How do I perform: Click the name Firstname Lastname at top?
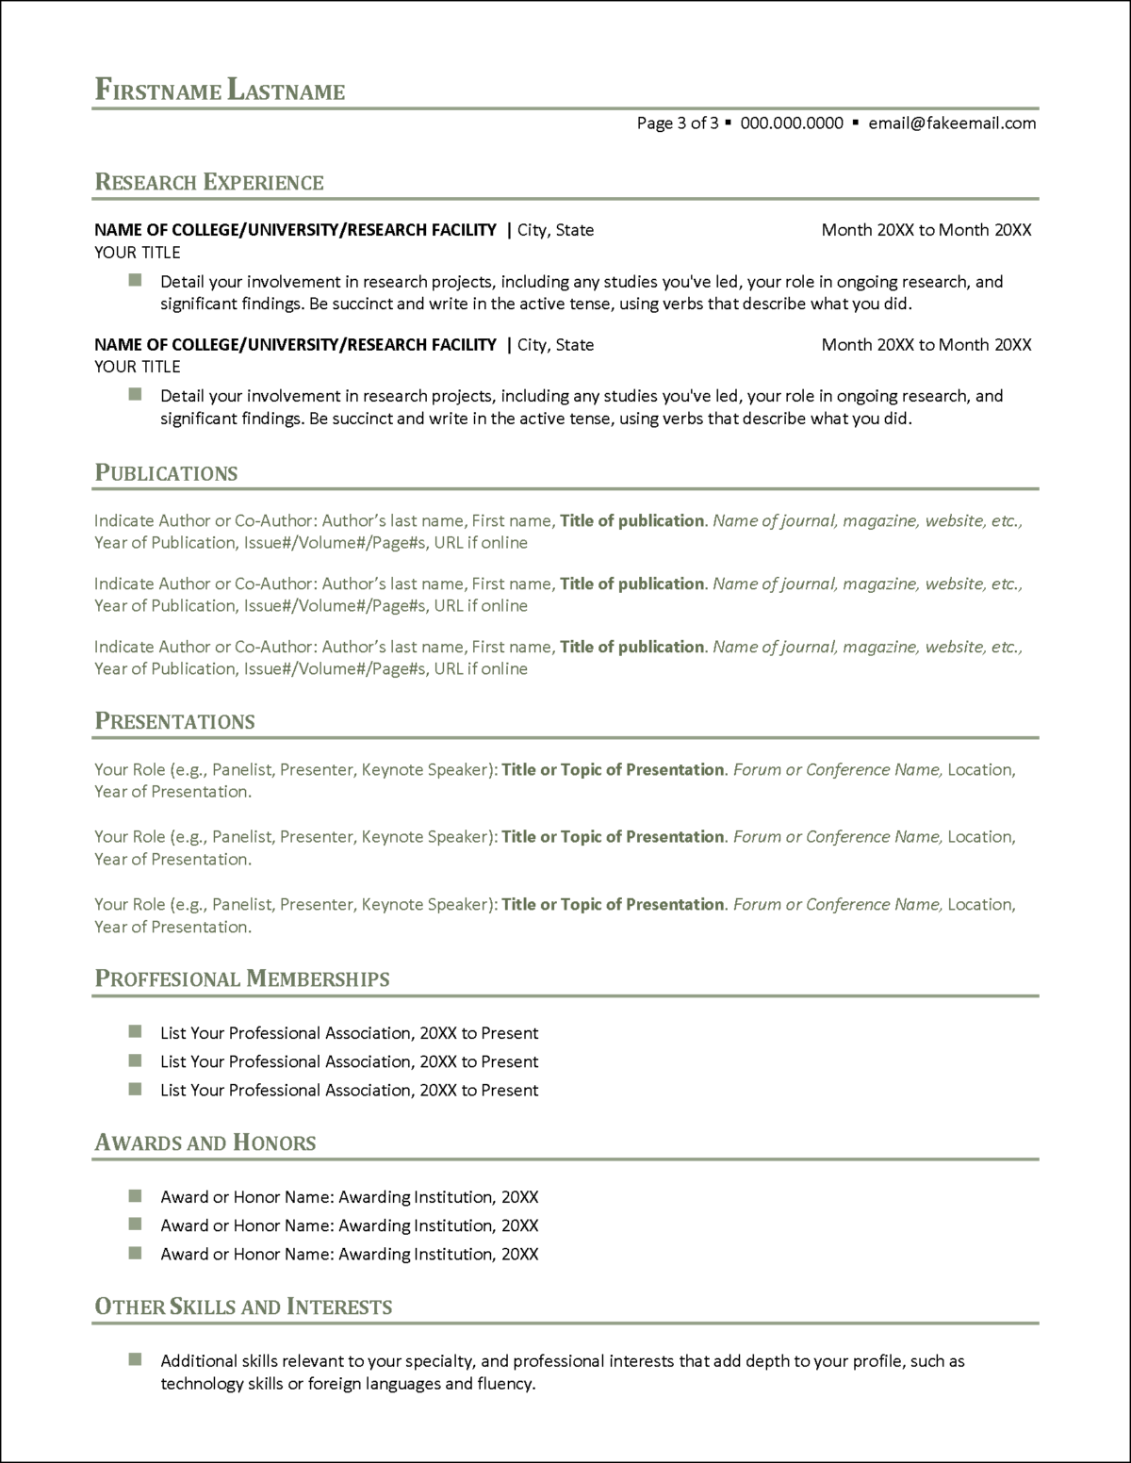click(220, 90)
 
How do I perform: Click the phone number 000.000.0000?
click(792, 123)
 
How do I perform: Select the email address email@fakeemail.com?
click(952, 123)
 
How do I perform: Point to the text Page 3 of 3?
click(677, 123)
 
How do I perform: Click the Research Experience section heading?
click(209, 182)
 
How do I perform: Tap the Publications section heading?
click(166, 473)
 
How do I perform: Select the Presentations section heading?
click(174, 722)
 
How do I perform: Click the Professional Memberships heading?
click(242, 979)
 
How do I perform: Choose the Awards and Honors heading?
click(205, 1143)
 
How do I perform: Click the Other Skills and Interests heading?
click(243, 1307)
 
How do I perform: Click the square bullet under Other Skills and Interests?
click(135, 1359)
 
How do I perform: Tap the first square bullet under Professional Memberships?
click(135, 1031)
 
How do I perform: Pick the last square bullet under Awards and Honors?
click(135, 1253)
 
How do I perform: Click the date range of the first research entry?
click(926, 230)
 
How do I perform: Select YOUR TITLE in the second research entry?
click(138, 367)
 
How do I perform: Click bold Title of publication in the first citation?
click(631, 520)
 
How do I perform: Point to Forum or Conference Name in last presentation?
click(836, 904)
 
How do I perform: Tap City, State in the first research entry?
click(556, 230)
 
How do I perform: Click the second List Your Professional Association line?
click(349, 1061)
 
